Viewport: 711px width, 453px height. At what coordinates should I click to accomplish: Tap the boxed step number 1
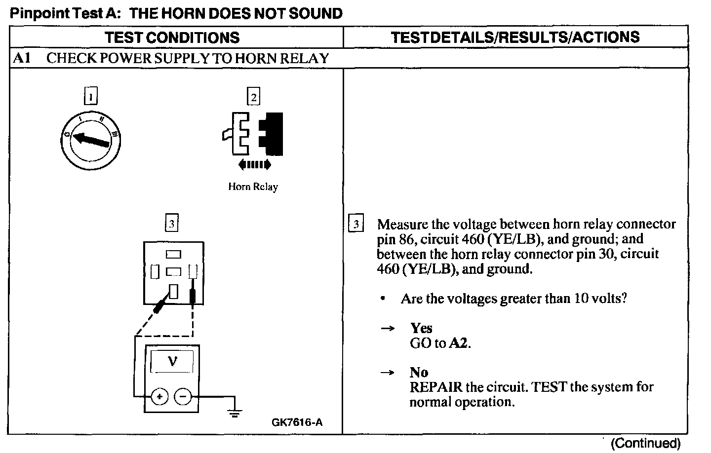(91, 96)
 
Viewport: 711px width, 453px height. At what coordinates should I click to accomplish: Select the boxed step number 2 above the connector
(254, 97)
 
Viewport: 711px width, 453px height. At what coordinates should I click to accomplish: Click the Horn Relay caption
(253, 187)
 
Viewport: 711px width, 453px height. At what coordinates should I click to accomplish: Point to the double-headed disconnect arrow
(254, 164)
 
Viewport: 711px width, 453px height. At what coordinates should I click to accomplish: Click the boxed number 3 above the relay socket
(171, 224)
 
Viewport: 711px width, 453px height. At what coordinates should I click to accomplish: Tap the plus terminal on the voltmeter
(159, 396)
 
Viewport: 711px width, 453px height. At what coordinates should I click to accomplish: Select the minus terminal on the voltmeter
(183, 396)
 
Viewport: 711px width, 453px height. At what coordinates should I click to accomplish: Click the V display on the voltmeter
(172, 362)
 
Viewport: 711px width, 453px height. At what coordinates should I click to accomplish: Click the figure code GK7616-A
(297, 422)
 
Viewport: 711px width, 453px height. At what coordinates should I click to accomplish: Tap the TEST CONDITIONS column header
(172, 38)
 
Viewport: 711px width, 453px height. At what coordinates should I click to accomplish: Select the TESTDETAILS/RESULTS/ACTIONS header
(515, 37)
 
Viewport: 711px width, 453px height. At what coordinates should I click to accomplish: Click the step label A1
(22, 58)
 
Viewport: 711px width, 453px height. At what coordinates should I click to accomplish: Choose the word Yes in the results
(421, 328)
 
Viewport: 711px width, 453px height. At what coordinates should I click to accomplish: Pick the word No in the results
(419, 372)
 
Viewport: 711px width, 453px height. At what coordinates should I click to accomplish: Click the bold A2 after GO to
(458, 343)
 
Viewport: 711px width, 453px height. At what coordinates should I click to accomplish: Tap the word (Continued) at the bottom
(645, 443)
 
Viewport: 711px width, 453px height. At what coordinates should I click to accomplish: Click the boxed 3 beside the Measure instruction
(356, 224)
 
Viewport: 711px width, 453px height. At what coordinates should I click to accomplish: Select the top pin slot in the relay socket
(173, 254)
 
